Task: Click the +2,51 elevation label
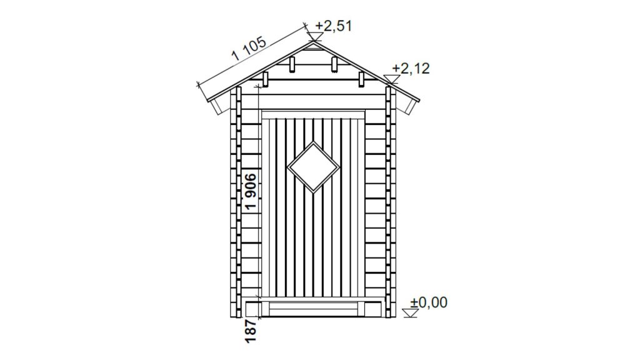point(333,26)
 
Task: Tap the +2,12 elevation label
point(411,68)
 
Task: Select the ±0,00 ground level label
point(429,302)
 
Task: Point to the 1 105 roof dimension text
point(249,49)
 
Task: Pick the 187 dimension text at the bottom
point(251,331)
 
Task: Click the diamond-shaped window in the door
point(314,167)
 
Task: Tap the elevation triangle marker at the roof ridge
point(314,37)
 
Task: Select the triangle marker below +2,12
point(392,79)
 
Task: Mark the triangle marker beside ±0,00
point(410,313)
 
